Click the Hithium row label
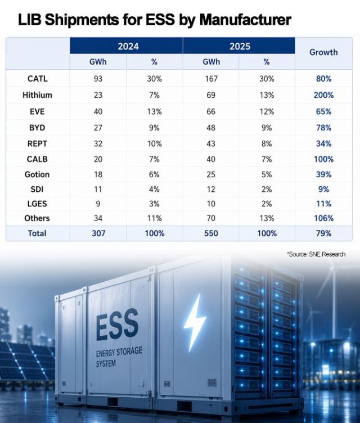coord(37,95)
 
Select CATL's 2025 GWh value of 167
coord(211,79)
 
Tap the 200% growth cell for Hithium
coord(323,95)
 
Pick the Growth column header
coord(323,52)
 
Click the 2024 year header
coord(128,46)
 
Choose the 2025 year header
coord(240,46)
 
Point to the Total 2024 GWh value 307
coord(98,233)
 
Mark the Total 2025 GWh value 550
coord(211,233)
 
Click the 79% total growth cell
coord(323,233)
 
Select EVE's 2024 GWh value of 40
coord(98,112)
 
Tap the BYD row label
coord(37,128)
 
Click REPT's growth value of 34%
coord(323,143)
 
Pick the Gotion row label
coord(37,174)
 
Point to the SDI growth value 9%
coord(323,190)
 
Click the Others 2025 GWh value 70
coord(211,218)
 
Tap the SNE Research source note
coord(316,254)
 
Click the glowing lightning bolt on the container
coord(195,322)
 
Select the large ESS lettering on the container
coord(117,325)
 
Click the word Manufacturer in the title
coord(245,20)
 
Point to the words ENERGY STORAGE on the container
coord(119,352)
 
